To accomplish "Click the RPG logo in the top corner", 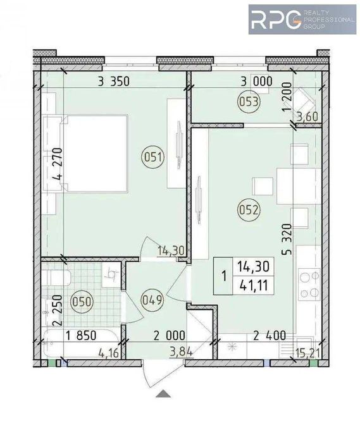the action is (x=302, y=20).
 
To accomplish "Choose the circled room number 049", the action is (x=152, y=300).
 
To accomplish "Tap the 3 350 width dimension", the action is (x=114, y=82).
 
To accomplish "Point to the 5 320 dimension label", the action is (x=287, y=240).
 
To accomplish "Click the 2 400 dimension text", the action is (x=270, y=336).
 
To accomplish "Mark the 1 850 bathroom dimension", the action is (x=81, y=336).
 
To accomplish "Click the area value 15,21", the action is (x=307, y=353).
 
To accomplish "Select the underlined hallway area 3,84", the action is (x=181, y=352).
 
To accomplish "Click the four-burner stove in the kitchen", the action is (x=309, y=285).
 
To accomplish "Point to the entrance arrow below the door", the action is (x=163, y=393).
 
